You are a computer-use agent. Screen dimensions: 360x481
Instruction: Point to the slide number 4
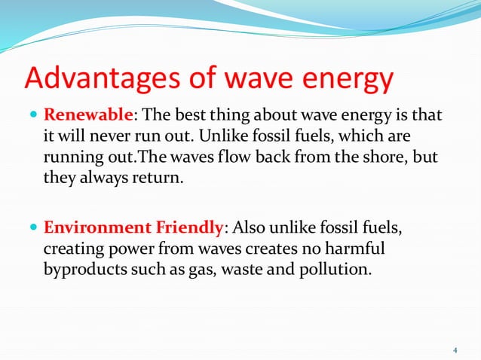coord(455,350)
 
